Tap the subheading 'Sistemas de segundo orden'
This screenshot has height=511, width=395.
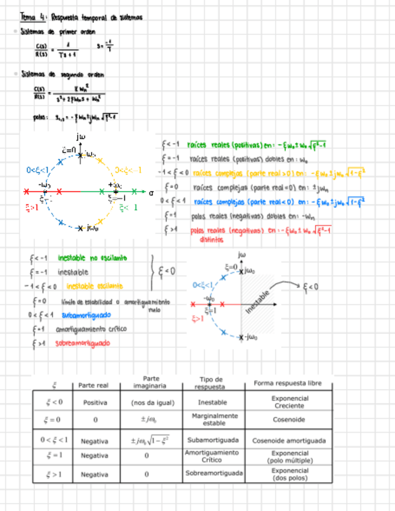[62, 75]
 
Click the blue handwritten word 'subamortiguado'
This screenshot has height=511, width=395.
[86, 315]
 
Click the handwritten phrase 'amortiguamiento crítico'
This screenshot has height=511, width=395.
[92, 329]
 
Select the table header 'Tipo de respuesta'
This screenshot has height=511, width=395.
[211, 383]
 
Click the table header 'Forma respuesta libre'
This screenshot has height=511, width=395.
[288, 383]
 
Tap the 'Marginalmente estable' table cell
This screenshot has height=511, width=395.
[214, 419]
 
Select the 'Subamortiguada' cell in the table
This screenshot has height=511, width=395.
[213, 440]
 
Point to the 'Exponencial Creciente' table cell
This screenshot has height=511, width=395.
[290, 402]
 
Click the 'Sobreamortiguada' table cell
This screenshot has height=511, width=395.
[214, 474]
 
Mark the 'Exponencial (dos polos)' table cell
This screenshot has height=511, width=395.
[289, 474]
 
